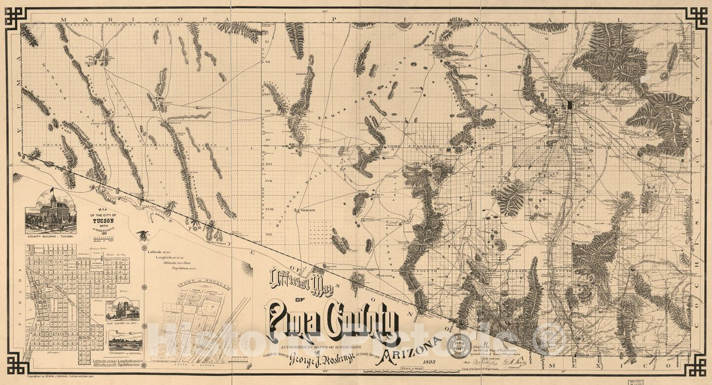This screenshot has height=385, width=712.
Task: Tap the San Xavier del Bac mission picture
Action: pos(123,310)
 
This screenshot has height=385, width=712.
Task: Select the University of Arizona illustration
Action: pos(125,340)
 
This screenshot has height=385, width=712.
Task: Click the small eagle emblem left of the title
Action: pos(142,235)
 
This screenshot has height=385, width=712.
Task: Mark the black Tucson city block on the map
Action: pos(571,105)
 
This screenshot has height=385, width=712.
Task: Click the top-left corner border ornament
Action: pos(16,16)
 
